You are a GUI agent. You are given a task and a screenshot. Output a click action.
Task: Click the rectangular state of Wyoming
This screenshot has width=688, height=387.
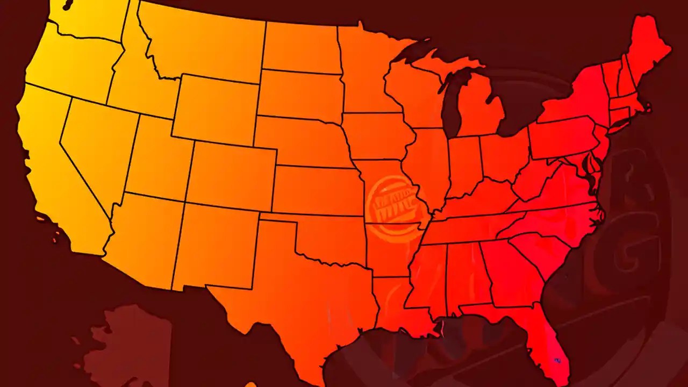point(215,107)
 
